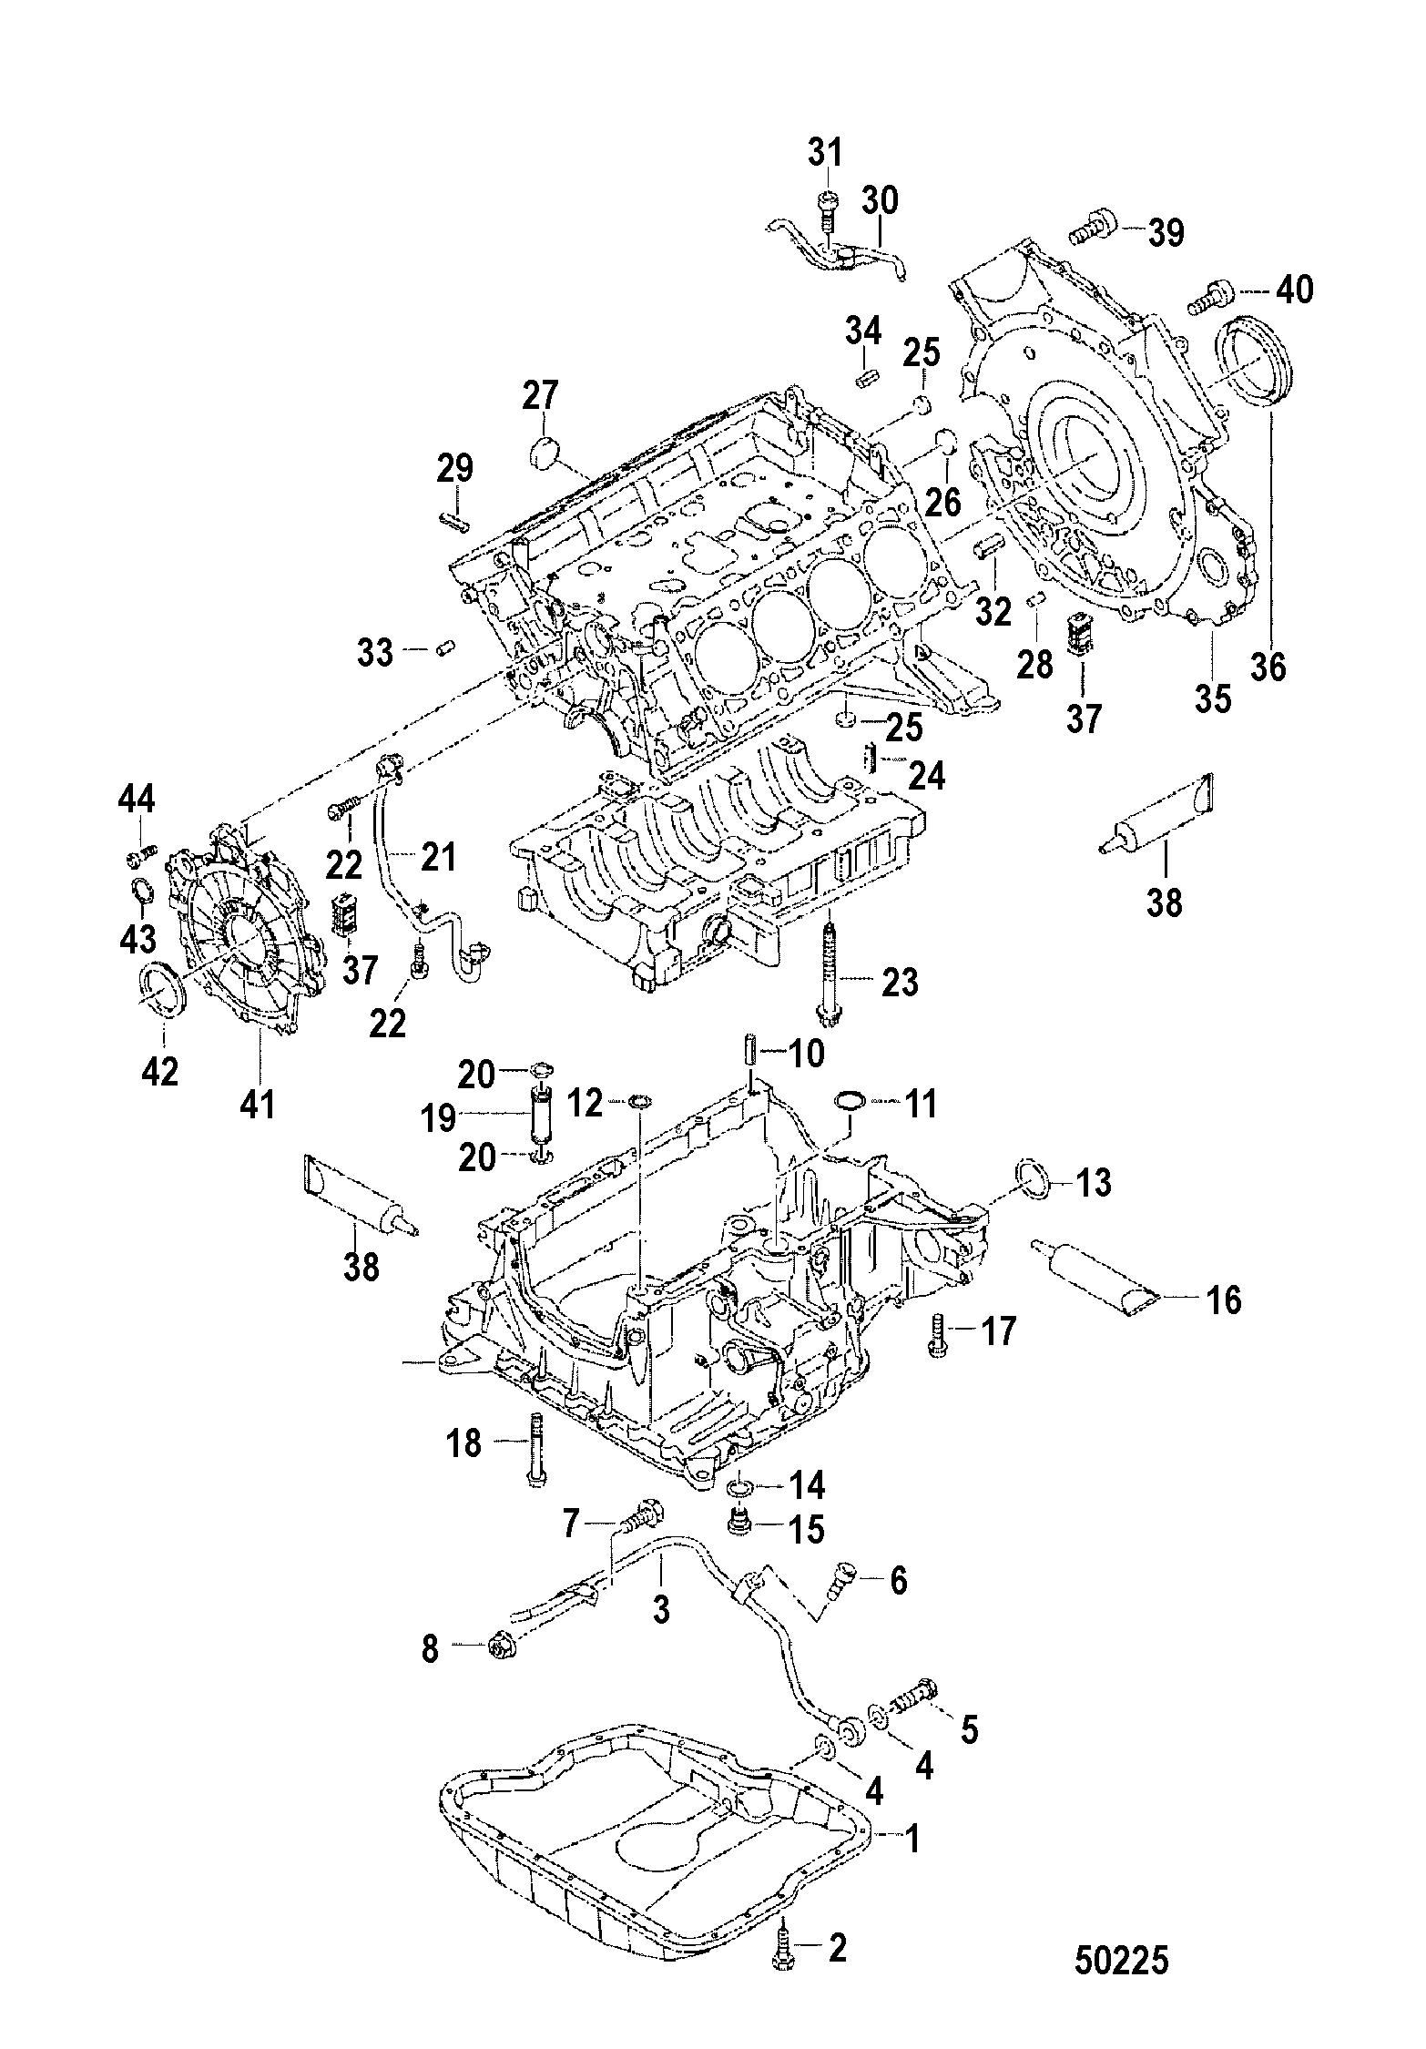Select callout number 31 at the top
(826, 152)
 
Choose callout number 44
(136, 801)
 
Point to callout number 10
(802, 1054)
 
